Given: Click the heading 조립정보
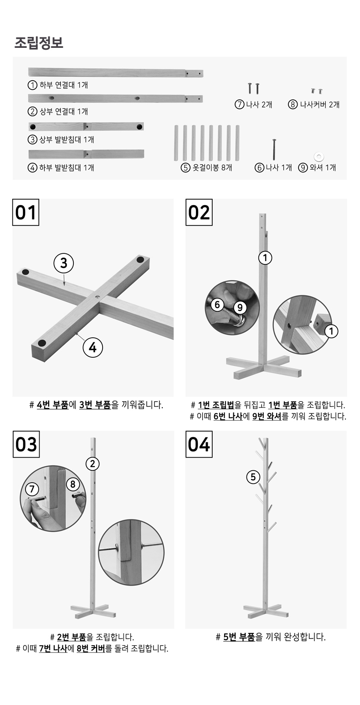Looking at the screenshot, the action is coord(39,43).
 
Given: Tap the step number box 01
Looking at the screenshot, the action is coord(26,212).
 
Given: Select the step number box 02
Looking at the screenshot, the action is coord(199,212).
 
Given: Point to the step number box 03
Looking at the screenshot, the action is coord(26,444).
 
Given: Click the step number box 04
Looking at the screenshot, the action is coord(199,444).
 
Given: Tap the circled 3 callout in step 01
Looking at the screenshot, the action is coord(63,263).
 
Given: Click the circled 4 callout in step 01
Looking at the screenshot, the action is coord(93,347).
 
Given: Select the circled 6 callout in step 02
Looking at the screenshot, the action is coord(217,305).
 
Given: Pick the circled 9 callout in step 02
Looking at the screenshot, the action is coord(240,308).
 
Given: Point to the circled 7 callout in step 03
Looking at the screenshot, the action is coord(32,489).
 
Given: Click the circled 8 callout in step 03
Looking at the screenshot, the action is coord(73,484).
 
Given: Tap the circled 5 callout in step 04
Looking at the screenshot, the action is coord(253,477).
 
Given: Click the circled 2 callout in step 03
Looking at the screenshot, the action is coord(93,463).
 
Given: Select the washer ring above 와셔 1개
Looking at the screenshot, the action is coord(319,156).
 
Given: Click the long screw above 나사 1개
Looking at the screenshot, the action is coord(274,149).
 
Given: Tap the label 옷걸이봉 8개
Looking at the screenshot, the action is coord(212,168).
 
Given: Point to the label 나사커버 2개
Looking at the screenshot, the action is coord(320,104).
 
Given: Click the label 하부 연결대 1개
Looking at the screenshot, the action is coord(63,85).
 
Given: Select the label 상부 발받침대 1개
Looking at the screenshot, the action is coord(67,139).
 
